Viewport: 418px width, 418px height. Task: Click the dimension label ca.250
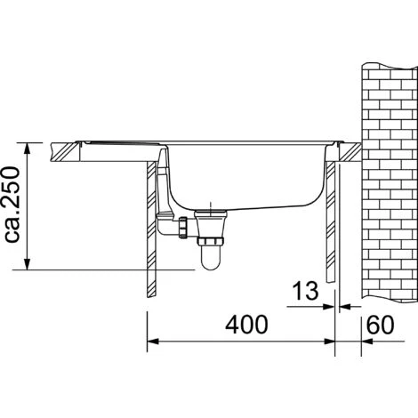pyautogui.click(x=12, y=205)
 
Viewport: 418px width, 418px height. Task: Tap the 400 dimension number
pyautogui.click(x=246, y=325)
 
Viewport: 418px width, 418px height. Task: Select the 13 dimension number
pyautogui.click(x=305, y=291)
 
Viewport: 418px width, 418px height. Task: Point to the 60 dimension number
pyautogui.click(x=381, y=325)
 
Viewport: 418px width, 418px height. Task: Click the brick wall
pyautogui.click(x=390, y=182)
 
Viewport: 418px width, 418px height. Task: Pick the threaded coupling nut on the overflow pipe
pyautogui.click(x=183, y=228)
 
